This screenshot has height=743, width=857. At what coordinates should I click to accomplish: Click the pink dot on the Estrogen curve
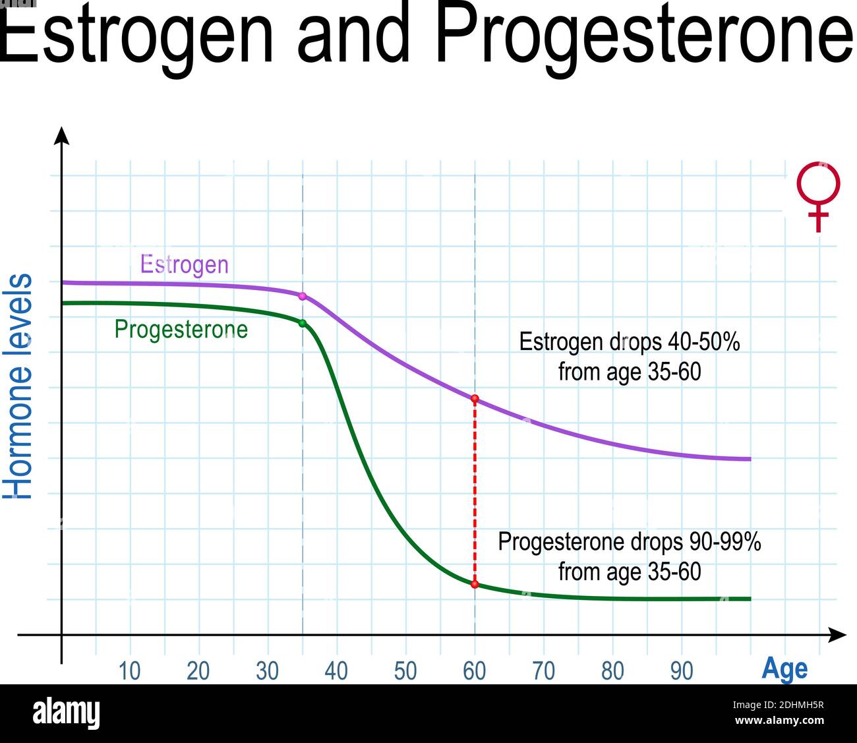pyautogui.click(x=303, y=296)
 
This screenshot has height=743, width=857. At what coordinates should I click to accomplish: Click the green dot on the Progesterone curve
pyautogui.click(x=303, y=324)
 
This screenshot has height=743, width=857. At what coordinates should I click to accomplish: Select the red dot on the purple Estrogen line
pyautogui.click(x=475, y=398)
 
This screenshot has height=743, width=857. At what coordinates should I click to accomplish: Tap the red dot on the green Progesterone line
pyautogui.click(x=475, y=584)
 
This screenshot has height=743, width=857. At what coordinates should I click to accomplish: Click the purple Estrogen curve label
pyautogui.click(x=185, y=264)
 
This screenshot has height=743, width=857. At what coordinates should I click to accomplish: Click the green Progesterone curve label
pyautogui.click(x=181, y=330)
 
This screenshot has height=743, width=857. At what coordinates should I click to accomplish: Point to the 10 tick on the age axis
pyautogui.click(x=130, y=671)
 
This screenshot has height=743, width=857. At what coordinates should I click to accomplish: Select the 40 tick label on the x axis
pyautogui.click(x=336, y=671)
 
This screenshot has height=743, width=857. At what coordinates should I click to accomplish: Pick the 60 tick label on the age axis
pyautogui.click(x=474, y=671)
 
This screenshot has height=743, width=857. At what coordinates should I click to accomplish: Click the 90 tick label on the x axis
pyautogui.click(x=681, y=671)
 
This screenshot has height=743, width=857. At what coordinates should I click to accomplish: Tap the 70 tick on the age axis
pyautogui.click(x=544, y=671)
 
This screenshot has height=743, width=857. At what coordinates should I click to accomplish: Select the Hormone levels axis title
pyautogui.click(x=17, y=386)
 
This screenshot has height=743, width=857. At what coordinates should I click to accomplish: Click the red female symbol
pyautogui.click(x=818, y=196)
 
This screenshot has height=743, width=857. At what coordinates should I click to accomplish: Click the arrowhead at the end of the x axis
pyautogui.click(x=837, y=635)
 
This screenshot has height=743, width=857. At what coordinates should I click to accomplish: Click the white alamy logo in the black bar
pyautogui.click(x=67, y=714)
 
